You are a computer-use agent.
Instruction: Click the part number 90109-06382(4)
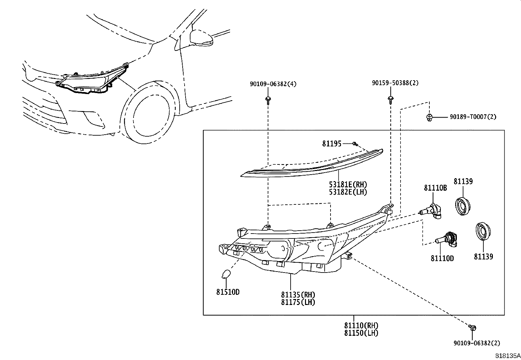point(273,84)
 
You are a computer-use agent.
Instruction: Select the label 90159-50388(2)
point(395,83)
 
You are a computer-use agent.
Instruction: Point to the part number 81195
point(332,143)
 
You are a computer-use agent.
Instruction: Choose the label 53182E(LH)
point(348,192)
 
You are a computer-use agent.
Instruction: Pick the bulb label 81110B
point(435,188)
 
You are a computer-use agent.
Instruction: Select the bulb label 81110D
point(442,258)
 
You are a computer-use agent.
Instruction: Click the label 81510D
point(228,292)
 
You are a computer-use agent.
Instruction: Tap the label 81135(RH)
point(298,294)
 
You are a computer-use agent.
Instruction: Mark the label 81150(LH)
point(361,333)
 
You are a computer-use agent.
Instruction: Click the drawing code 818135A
point(507,355)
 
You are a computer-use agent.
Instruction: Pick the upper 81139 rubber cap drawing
point(463,206)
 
